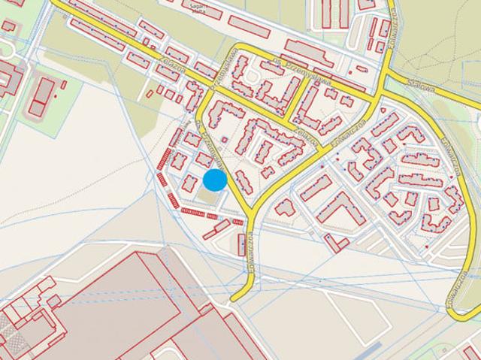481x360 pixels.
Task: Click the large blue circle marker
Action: pos(216,180)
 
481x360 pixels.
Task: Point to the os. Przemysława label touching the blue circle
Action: pos(208,147)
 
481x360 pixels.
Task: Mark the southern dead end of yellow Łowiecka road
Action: pos(232,298)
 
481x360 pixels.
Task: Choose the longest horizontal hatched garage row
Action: pos(192,213)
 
